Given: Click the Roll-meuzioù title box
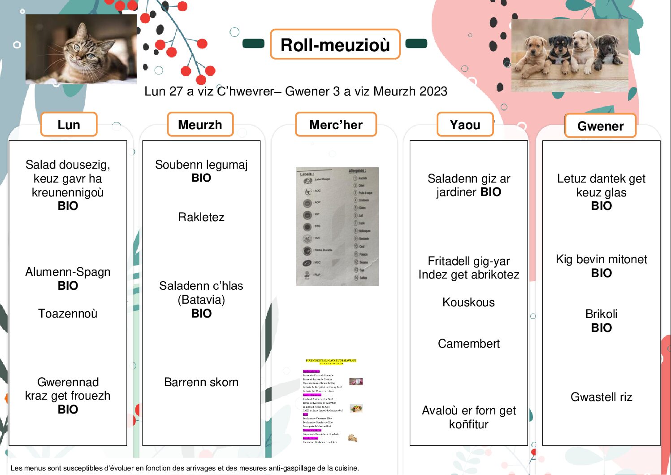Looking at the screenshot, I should [335, 44].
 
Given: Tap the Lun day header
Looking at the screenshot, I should [69, 124].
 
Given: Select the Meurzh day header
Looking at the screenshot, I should [200, 124].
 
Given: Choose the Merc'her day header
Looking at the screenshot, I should [336, 124].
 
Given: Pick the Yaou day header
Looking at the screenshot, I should [465, 124].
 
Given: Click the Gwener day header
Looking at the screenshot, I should [600, 126].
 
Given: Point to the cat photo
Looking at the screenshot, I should [81, 49].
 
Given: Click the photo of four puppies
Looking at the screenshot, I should [570, 55].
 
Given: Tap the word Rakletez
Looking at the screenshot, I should [201, 217].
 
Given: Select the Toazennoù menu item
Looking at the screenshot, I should [68, 313].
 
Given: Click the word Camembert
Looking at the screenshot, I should [468, 344].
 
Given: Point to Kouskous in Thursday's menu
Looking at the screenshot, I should [468, 302].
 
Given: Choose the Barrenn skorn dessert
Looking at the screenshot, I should [201, 382].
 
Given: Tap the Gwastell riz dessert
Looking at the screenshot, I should [601, 397].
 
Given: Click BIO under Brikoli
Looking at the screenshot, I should [601, 328].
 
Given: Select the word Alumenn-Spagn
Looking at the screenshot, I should [68, 272].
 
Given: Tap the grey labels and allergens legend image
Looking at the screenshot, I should [337, 227].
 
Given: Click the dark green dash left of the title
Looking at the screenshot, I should [253, 44].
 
